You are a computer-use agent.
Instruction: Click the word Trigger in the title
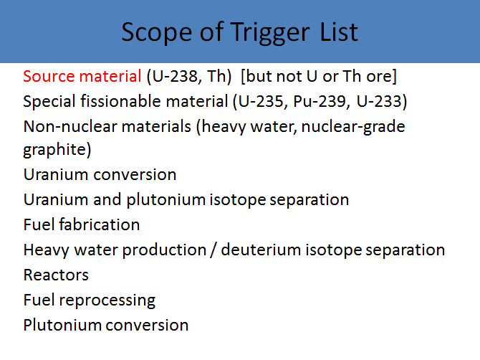(x=270, y=33)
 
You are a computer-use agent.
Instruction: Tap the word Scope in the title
(x=157, y=32)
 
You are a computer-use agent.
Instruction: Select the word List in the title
(x=339, y=32)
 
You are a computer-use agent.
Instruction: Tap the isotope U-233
(x=379, y=101)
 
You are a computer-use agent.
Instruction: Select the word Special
(x=49, y=101)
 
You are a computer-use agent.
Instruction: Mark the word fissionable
(x=120, y=101)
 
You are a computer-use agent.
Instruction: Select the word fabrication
(x=100, y=224)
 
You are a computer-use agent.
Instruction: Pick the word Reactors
(x=56, y=275)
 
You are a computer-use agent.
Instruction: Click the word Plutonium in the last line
(x=62, y=325)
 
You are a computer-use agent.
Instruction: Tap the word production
(x=164, y=250)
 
